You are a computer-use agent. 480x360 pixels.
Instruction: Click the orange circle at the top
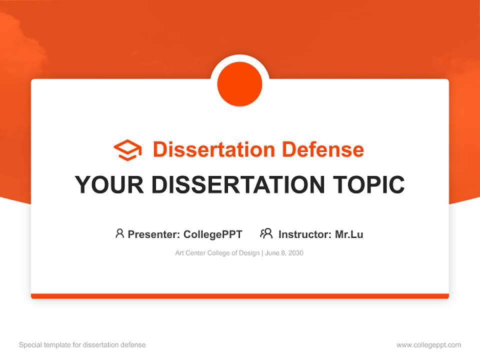[240, 84]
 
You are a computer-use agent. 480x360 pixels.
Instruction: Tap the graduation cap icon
[127, 150]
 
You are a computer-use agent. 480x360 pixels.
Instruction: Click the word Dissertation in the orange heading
[213, 149]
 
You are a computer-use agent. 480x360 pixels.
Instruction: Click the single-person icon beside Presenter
[119, 233]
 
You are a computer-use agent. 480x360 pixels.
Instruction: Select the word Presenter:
[154, 234]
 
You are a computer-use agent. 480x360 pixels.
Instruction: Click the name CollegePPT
[212, 234]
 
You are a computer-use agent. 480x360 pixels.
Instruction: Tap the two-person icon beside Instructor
[266, 233]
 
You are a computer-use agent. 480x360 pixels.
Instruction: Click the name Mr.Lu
[349, 234]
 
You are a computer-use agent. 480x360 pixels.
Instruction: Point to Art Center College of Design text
[217, 253]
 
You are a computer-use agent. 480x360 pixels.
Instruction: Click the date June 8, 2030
[284, 253]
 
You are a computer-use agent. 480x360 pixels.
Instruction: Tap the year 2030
[295, 253]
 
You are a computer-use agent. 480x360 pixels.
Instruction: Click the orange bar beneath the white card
[240, 296]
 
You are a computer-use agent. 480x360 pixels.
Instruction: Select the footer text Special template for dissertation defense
[82, 345]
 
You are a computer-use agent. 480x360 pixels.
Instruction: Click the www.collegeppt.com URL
[428, 345]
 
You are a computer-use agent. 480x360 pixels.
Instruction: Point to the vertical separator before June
[262, 253]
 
